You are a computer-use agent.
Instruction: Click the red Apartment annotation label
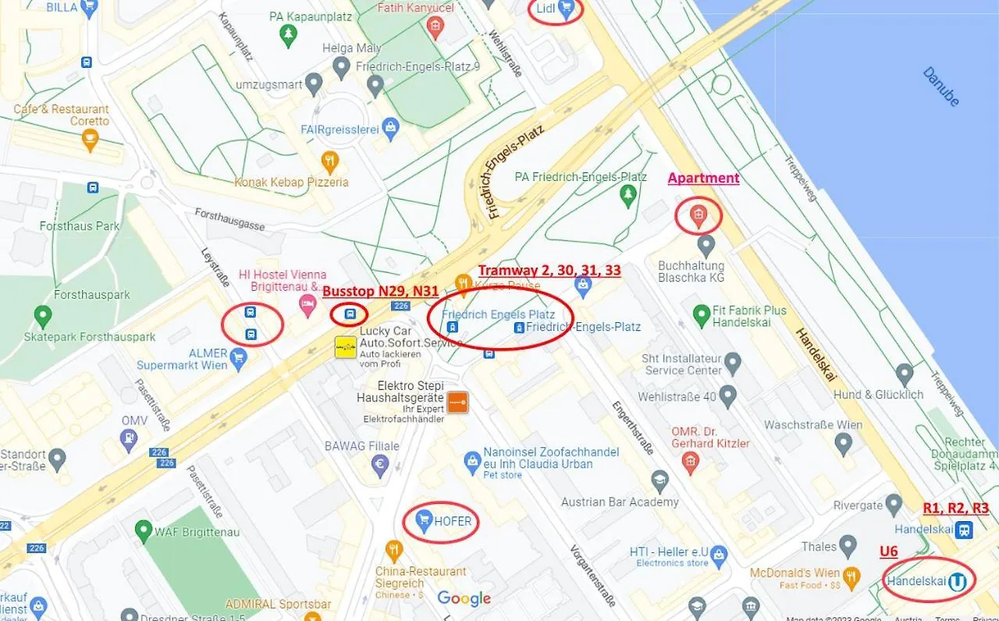pyautogui.click(x=703, y=178)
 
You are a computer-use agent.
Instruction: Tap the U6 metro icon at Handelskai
pyautogui.click(x=958, y=581)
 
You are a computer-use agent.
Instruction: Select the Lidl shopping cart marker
pyautogui.click(x=566, y=9)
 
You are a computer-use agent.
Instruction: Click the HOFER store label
pyautogui.click(x=453, y=520)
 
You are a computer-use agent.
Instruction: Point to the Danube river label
pyautogui.click(x=940, y=87)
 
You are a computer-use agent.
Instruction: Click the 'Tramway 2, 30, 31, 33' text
pyautogui.click(x=549, y=270)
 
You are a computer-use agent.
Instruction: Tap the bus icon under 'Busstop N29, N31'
pyautogui.click(x=350, y=314)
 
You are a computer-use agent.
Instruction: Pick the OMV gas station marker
pyautogui.click(x=129, y=439)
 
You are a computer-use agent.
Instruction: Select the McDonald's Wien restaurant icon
pyautogui.click(x=851, y=578)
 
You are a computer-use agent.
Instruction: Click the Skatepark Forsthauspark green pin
pyautogui.click(x=43, y=316)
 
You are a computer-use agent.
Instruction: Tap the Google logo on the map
pyautogui.click(x=464, y=598)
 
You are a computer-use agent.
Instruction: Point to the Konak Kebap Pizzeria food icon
pyautogui.click(x=330, y=161)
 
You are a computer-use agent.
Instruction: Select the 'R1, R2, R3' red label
pyautogui.click(x=955, y=508)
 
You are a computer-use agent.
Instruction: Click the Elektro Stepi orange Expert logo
pyautogui.click(x=457, y=402)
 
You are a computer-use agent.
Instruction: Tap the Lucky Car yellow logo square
pyautogui.click(x=346, y=347)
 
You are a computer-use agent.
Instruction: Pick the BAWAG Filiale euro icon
pyautogui.click(x=380, y=466)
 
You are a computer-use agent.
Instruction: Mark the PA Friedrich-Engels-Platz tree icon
pyautogui.click(x=627, y=195)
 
